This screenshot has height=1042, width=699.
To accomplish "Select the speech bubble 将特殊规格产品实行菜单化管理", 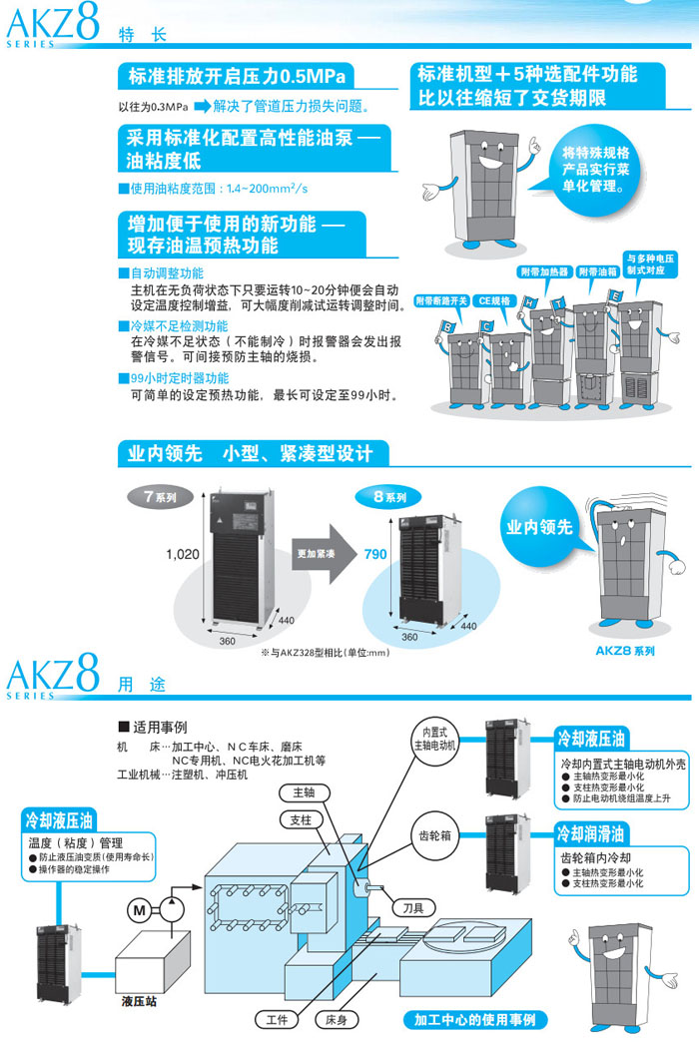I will click(x=596, y=169).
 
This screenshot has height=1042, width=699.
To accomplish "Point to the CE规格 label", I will click(x=496, y=298).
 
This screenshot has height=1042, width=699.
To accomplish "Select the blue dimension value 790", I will click(x=375, y=555).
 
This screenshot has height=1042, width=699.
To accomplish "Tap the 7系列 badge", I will click(x=157, y=496).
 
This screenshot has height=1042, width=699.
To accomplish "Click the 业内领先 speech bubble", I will click(x=539, y=527).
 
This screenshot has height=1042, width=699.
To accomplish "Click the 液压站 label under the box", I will click(x=140, y=1000).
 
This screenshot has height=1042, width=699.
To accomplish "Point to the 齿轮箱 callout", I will click(x=430, y=837).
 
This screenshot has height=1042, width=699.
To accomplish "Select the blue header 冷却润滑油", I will click(x=591, y=832).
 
